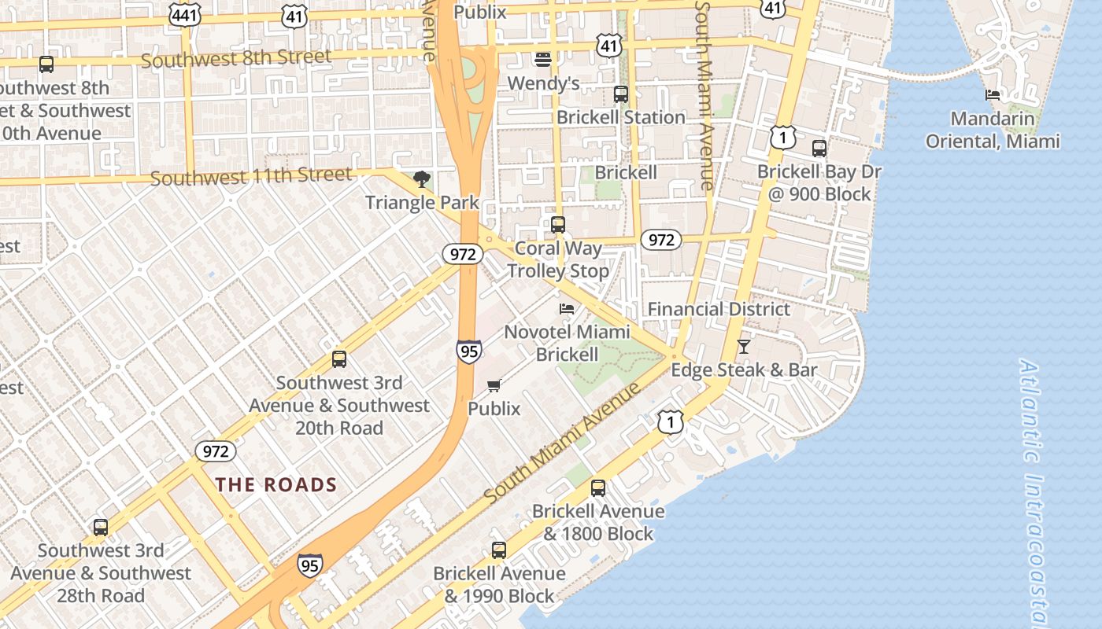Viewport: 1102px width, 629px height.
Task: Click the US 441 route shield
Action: tap(184, 14)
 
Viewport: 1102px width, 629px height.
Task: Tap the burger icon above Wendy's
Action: tap(543, 59)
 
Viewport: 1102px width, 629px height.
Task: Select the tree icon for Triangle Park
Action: tap(422, 179)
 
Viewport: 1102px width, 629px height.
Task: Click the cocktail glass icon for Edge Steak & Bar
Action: tap(744, 346)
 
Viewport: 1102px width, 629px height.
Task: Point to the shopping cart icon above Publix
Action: tap(494, 385)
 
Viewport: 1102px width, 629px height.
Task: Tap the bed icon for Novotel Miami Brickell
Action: tap(567, 309)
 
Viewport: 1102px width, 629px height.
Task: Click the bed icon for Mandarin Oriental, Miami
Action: tap(993, 95)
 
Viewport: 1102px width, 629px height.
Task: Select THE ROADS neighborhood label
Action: tap(276, 485)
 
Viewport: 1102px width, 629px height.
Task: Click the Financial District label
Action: tap(719, 309)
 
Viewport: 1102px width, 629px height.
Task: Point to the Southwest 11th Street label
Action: tap(251, 177)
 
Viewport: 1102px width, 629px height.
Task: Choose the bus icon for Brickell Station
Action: tap(621, 94)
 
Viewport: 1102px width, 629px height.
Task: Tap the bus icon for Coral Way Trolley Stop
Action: tap(558, 225)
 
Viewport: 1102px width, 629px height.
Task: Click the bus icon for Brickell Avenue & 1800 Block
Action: tap(598, 488)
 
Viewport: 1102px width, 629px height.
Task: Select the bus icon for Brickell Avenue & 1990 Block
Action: tap(499, 550)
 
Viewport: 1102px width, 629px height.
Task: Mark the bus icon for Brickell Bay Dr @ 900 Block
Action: tap(819, 148)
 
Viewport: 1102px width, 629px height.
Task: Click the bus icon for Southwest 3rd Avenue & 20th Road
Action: tap(339, 359)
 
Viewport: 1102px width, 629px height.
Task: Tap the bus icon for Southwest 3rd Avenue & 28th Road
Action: tap(101, 528)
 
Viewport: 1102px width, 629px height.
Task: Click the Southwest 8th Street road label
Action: tap(236, 58)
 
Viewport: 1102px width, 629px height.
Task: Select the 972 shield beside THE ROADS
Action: tap(215, 451)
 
